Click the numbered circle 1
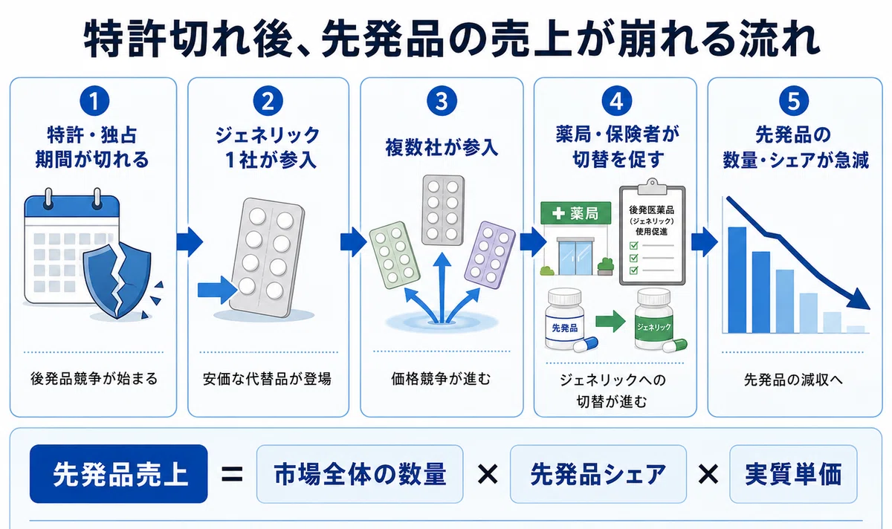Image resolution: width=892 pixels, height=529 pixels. pos(94,101)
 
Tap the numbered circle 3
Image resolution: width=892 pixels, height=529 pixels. pos(442,101)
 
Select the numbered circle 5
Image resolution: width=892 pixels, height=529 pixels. pos(794,101)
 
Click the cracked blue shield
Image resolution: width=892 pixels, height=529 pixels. pos(117,280)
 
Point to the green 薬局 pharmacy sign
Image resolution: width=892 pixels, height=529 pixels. pos(576,213)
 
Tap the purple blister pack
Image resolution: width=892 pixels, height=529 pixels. pos(489,255)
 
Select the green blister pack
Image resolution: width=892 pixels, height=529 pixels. pos(394,255)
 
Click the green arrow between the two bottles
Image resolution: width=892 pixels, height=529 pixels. pos(610,321)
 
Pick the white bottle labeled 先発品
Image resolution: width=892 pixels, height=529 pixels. pos(565,319)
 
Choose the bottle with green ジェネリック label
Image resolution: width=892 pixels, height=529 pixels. pos(654,319)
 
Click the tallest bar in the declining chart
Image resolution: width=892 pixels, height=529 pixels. pos(737,280)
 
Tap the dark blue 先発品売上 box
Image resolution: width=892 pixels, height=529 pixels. pos(119,474)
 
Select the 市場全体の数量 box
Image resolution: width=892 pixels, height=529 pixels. pos(360,474)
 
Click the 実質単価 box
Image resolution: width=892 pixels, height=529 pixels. pos(793,474)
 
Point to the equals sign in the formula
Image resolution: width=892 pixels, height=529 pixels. pos(232,475)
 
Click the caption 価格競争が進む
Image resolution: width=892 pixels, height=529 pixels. pos(441,378)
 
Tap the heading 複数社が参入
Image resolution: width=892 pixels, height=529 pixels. pos(442,147)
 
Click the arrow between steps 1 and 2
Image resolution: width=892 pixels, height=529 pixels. pos(190,241)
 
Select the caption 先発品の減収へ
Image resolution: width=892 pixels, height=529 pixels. pos(793,380)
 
